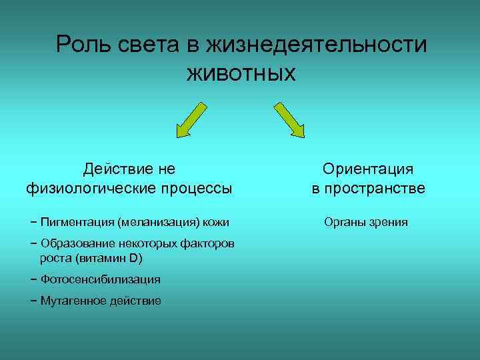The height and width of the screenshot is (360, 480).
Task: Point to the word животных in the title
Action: pyautogui.click(x=240, y=71)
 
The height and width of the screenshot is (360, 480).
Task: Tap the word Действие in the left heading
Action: pyautogui.click(x=116, y=169)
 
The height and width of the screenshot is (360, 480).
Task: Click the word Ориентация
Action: pyautogui.click(x=368, y=169)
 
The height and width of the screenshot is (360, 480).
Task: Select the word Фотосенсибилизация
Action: pyautogui.click(x=100, y=279)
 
